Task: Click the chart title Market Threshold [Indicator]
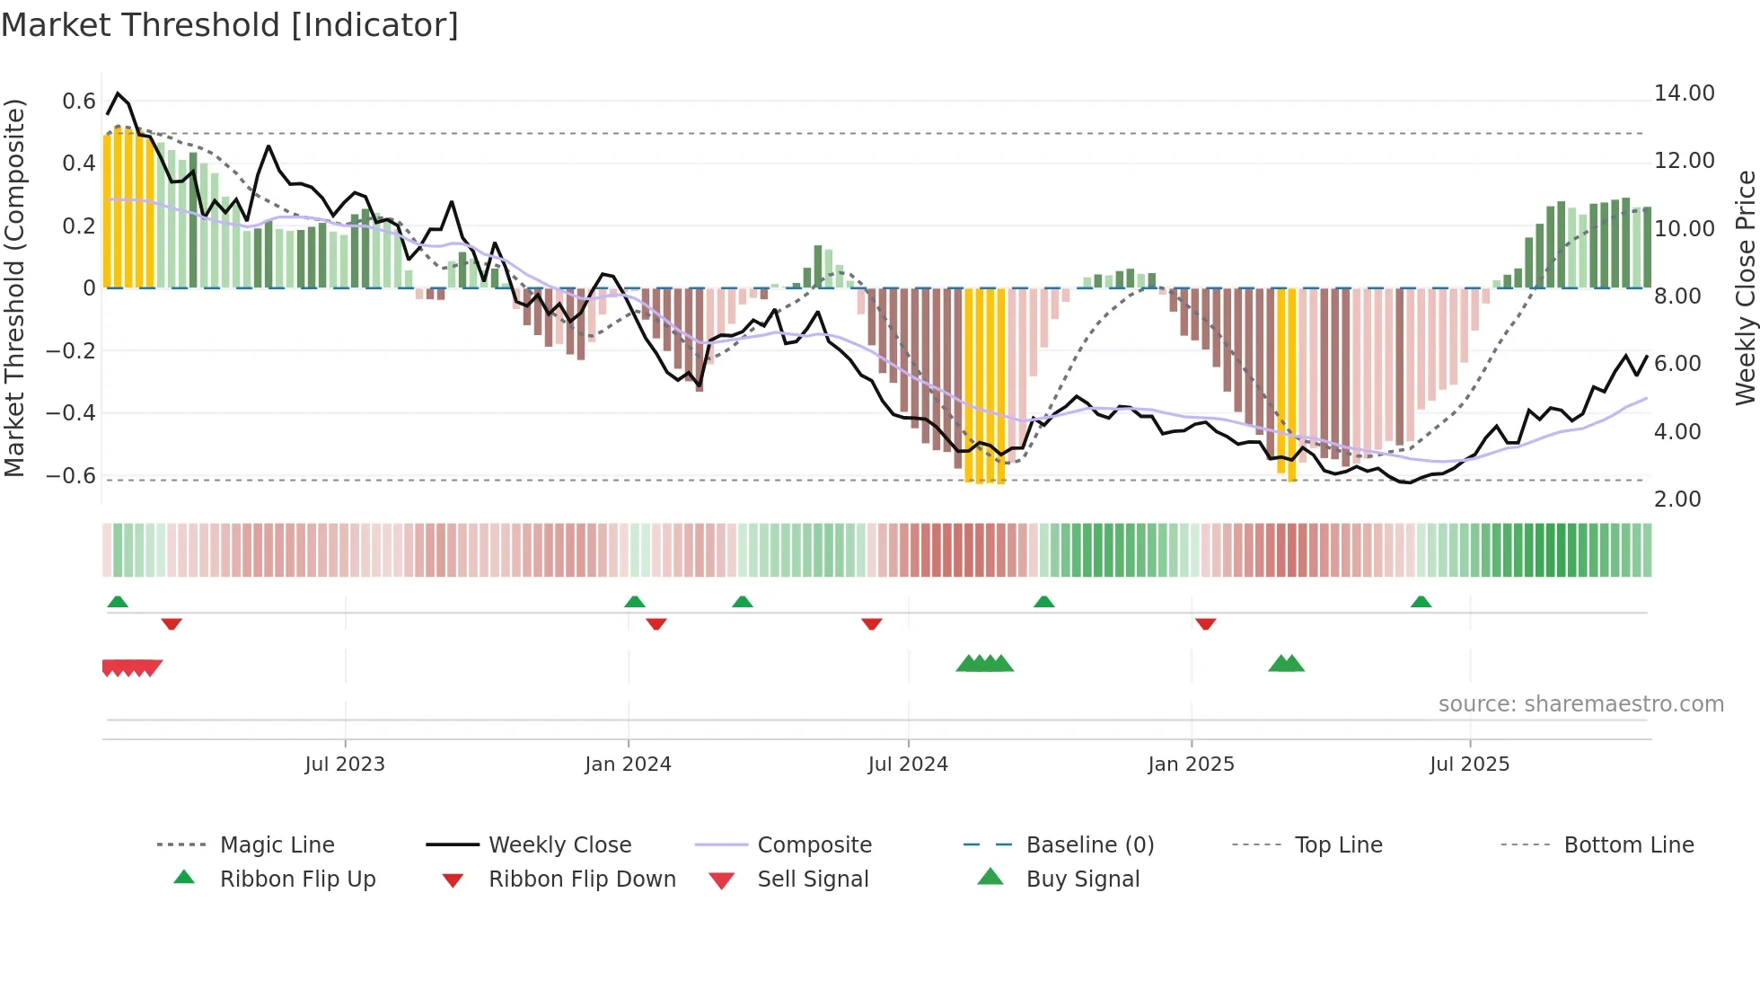click(230, 25)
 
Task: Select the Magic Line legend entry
click(277, 844)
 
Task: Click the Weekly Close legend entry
click(559, 844)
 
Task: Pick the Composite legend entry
click(814, 844)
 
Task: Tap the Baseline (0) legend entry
click(1089, 844)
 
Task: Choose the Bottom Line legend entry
click(1628, 844)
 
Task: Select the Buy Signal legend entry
click(1082, 879)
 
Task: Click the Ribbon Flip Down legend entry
click(582, 879)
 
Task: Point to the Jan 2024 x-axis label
click(628, 765)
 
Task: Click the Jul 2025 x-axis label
click(1469, 765)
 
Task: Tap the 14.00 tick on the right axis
click(1684, 93)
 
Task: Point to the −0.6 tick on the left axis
click(70, 475)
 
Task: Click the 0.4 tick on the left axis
click(79, 163)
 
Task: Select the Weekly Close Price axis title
click(1745, 287)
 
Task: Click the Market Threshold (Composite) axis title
click(14, 287)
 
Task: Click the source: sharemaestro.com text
click(1580, 704)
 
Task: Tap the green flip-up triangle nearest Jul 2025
click(1421, 602)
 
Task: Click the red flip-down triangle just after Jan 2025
click(1205, 623)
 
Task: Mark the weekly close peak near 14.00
click(118, 93)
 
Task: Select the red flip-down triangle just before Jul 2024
click(871, 623)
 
